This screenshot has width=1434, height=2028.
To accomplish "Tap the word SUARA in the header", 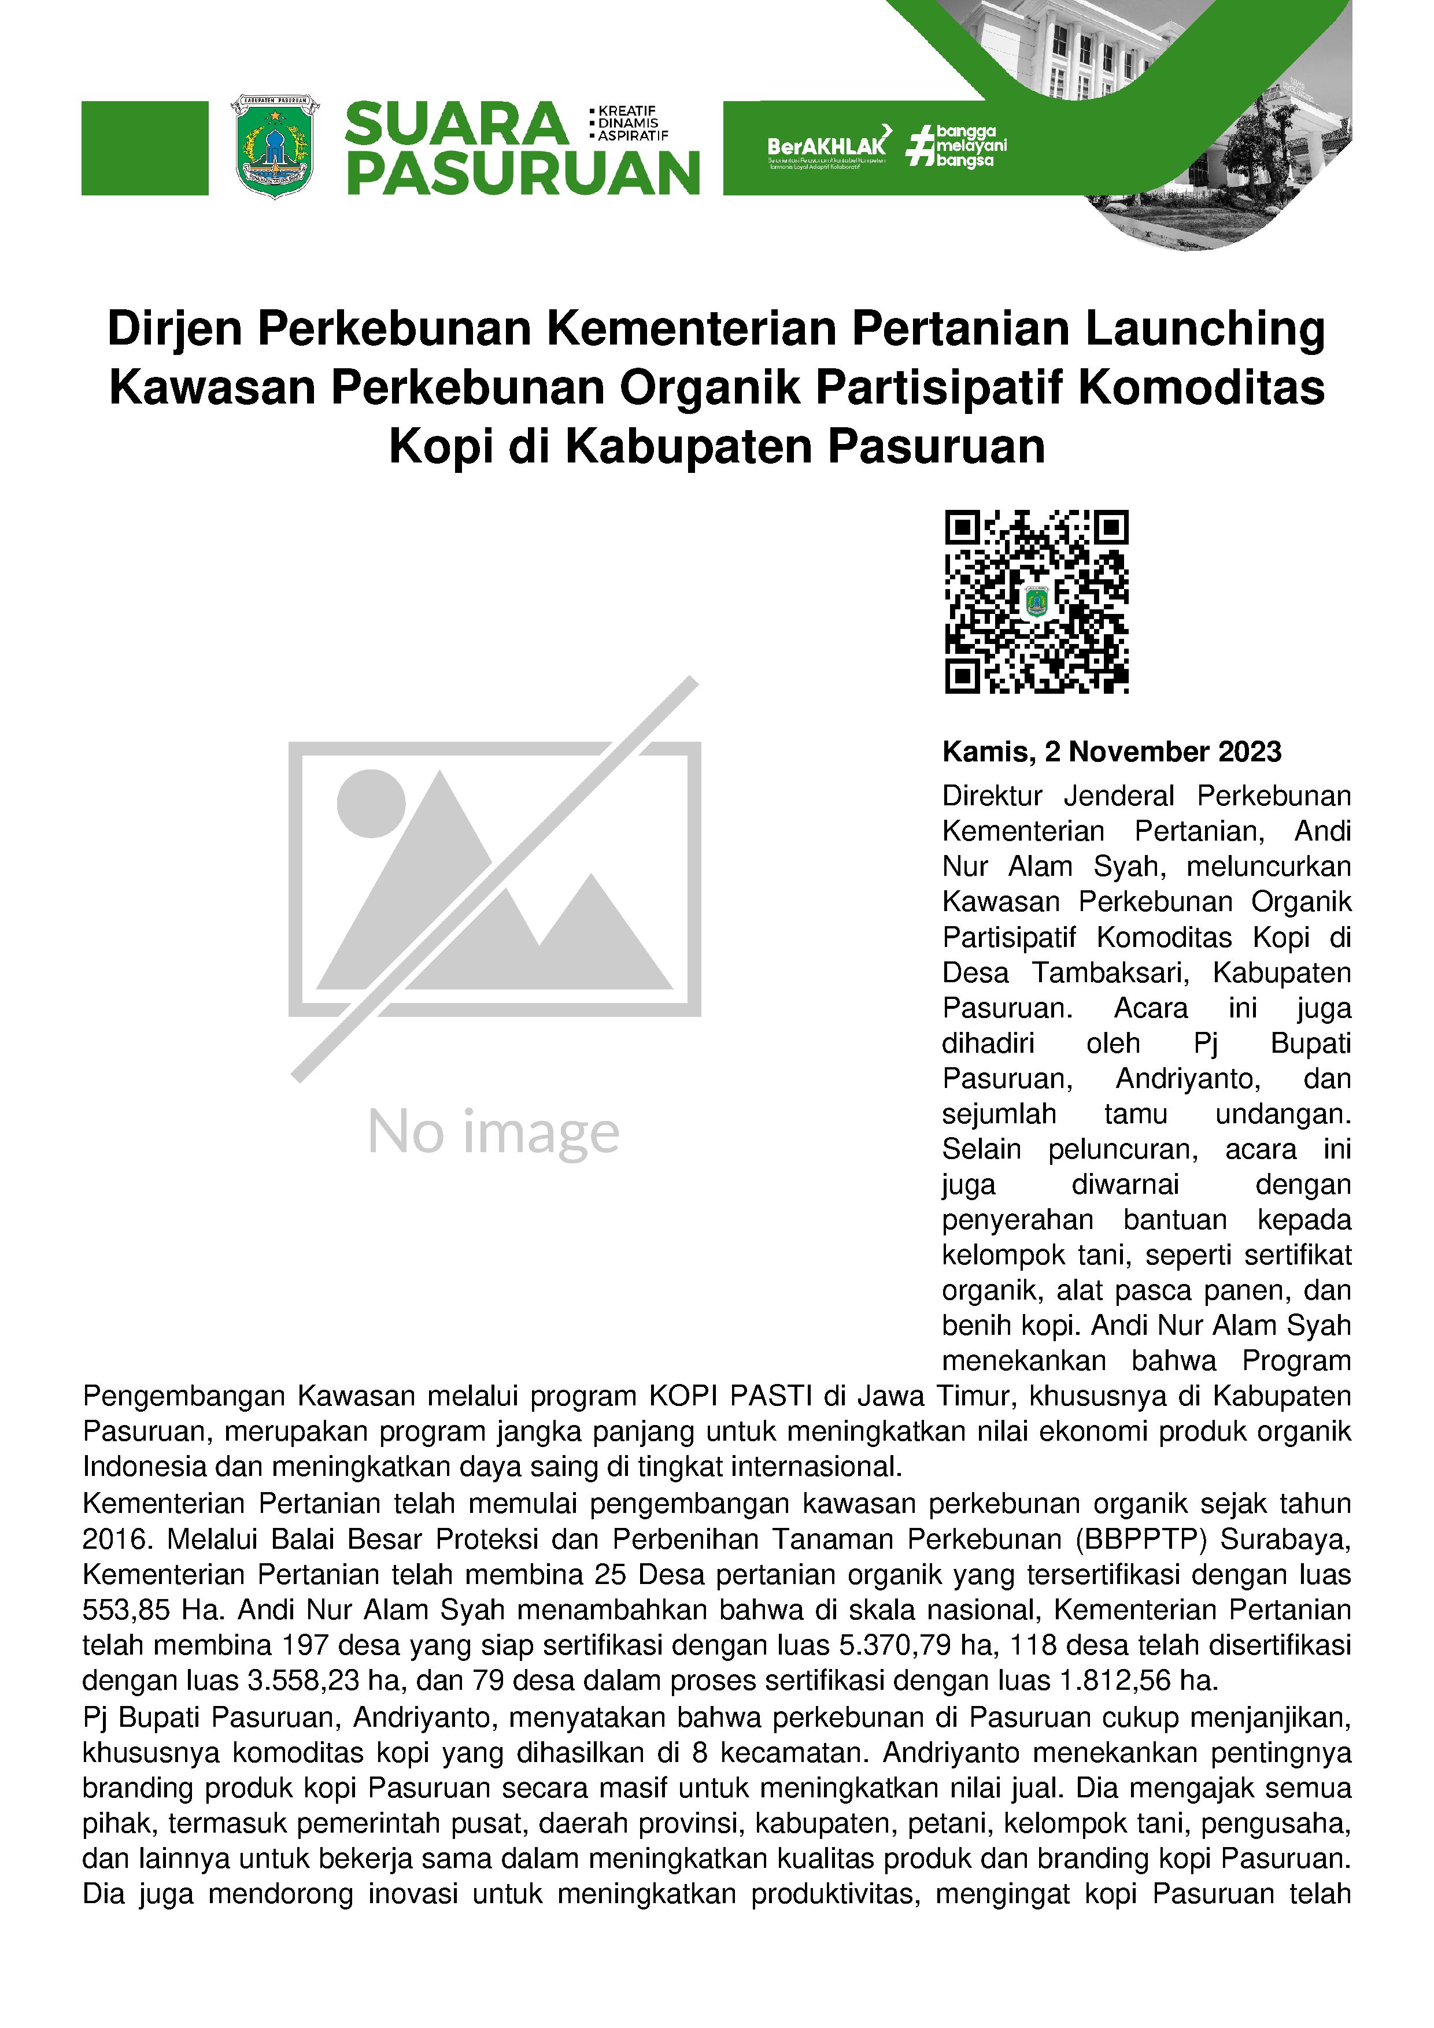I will (456, 124).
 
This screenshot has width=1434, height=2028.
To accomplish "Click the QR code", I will (1036, 601).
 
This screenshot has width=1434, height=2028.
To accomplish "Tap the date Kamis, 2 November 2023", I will (1111, 752).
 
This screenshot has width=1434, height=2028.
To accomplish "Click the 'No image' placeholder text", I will (493, 1133).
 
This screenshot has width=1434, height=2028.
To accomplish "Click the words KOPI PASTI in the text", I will (731, 1397).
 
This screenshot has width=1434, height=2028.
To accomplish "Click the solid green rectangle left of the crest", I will (145, 149).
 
